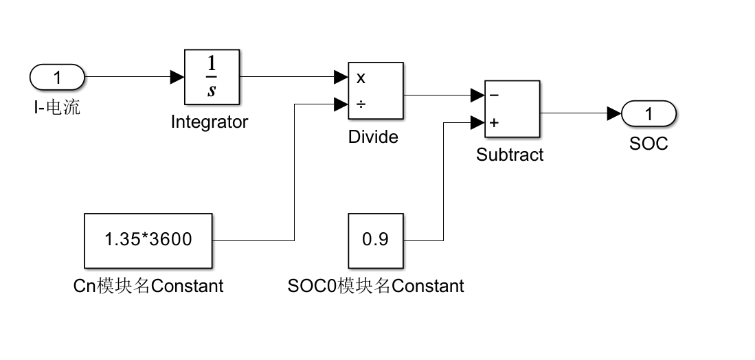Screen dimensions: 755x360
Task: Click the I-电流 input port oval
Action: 57,77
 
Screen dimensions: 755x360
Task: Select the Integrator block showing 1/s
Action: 212,77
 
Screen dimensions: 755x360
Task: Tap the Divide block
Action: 376,91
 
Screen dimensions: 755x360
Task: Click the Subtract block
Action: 512,109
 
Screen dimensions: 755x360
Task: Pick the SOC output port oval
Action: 649,113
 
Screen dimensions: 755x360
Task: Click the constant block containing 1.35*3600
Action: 148,240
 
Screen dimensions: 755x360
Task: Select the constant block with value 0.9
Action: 376,240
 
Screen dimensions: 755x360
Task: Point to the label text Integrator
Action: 210,122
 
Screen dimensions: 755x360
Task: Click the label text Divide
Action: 373,137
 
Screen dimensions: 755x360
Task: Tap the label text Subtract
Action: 510,155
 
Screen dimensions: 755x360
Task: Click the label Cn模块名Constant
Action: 148,286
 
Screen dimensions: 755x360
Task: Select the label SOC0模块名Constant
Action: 376,286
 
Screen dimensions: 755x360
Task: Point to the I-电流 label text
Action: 57,107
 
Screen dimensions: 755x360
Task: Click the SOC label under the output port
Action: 649,144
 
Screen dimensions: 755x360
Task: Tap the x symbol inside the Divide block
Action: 361,78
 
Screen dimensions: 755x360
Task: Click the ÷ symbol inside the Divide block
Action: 361,104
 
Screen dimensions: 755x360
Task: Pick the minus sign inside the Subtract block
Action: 494,95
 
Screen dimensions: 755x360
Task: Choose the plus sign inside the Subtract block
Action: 494,123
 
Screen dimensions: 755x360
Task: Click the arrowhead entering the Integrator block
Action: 177,77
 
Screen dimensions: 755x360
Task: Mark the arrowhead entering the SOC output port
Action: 614,113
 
